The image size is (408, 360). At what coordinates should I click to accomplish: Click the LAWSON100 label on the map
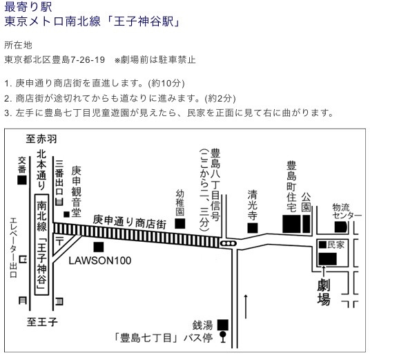pyautogui.click(x=100, y=260)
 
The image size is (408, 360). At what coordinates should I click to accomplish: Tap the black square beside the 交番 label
pyautogui.click(x=22, y=180)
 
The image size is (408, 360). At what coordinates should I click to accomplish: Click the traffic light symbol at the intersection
pyautogui.click(x=229, y=243)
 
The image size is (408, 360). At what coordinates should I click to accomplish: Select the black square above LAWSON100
pyautogui.click(x=98, y=247)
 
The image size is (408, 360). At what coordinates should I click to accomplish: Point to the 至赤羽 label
pyautogui.click(x=41, y=139)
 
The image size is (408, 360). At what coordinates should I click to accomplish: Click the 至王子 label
pyautogui.click(x=42, y=322)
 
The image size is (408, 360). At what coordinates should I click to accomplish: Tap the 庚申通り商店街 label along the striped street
pyautogui.click(x=129, y=222)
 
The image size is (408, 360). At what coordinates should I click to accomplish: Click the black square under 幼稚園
pyautogui.click(x=180, y=223)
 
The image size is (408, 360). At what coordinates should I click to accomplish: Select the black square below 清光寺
pyautogui.click(x=253, y=228)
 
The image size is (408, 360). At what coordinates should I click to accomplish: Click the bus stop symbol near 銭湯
pyautogui.click(x=223, y=337)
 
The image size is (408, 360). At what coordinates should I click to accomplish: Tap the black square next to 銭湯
pyautogui.click(x=223, y=325)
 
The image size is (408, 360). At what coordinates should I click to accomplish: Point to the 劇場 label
pyautogui.click(x=324, y=292)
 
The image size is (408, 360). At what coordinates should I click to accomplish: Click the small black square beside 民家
pyautogui.click(x=322, y=245)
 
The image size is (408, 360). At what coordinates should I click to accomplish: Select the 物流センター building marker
pyautogui.click(x=341, y=227)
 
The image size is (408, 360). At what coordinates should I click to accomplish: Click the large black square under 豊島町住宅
pyautogui.click(x=291, y=224)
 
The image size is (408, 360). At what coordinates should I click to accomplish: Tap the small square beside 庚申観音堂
pyautogui.click(x=66, y=214)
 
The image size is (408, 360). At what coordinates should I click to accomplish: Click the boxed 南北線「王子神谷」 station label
pyautogui.click(x=41, y=245)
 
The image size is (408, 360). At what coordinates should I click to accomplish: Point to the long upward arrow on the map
pyautogui.click(x=246, y=306)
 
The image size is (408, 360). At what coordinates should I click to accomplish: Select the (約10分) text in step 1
pyautogui.click(x=166, y=83)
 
